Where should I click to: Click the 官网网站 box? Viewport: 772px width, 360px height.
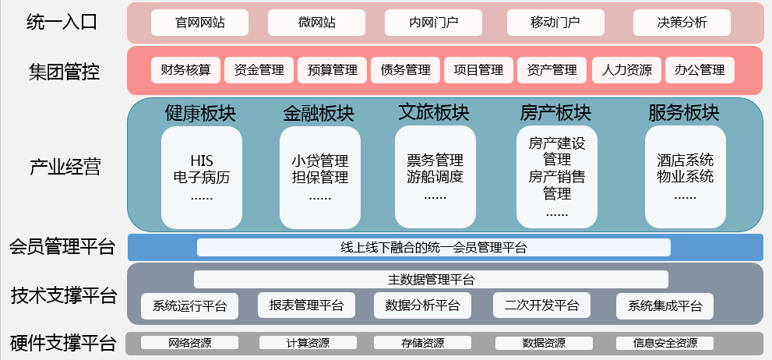click(199, 23)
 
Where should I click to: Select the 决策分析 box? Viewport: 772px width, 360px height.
click(682, 23)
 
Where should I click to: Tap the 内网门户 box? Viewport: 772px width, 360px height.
click(433, 23)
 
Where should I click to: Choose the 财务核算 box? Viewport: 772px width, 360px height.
click(185, 70)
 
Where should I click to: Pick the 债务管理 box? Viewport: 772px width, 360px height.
click(406, 70)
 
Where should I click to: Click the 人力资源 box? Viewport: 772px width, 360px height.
click(626, 70)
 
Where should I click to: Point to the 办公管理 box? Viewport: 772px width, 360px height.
click(700, 70)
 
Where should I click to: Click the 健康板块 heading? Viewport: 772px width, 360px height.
click(200, 114)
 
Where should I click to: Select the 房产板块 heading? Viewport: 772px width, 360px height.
click(555, 114)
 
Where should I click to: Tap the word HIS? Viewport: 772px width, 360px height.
click(202, 161)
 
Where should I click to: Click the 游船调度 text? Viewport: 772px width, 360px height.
click(435, 176)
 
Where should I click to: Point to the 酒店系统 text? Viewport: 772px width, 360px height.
click(685, 161)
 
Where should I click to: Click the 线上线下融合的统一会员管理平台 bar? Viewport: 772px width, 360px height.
click(434, 247)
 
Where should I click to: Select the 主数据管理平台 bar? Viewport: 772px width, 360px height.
click(431, 279)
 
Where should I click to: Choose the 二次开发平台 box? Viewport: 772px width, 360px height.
click(541, 305)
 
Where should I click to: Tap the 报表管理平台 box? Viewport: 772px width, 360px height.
click(306, 305)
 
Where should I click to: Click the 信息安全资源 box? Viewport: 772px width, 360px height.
click(664, 343)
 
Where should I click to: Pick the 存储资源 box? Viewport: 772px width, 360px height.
click(422, 343)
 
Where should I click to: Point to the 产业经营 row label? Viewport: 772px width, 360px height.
click(65, 168)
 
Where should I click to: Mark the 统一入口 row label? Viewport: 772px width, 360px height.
click(62, 23)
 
